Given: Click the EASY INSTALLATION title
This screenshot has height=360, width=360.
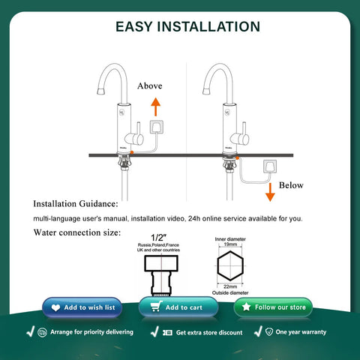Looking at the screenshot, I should [187, 26].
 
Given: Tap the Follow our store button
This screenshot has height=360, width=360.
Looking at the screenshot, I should [273, 307].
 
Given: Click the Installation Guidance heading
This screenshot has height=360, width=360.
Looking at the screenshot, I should [75, 203].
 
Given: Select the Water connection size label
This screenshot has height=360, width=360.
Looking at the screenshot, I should [76, 232].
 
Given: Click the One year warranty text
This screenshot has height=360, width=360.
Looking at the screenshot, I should [301, 331].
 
